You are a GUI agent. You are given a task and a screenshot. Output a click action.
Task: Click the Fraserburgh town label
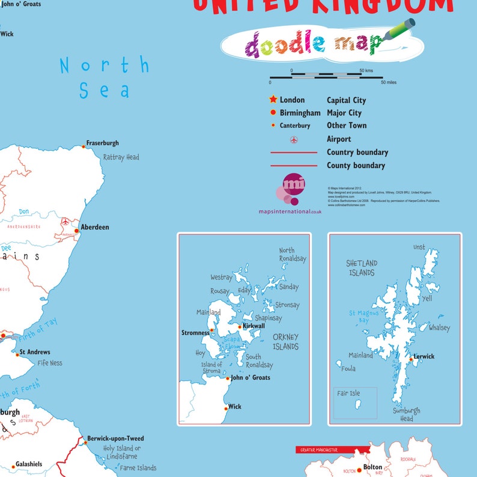(103, 143)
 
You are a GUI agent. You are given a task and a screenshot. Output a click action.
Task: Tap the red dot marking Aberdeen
(76, 230)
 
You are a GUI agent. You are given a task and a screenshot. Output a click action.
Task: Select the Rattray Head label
(121, 157)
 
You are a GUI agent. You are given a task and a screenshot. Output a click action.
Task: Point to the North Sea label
(105, 77)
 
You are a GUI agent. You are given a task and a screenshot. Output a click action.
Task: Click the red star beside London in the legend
(273, 100)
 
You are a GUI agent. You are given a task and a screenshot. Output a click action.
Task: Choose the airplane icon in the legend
(294, 139)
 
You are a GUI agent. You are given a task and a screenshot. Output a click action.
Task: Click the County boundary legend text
(356, 165)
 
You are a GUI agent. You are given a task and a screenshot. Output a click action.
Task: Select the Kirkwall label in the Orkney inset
(254, 326)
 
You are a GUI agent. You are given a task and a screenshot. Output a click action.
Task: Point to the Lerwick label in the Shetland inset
(424, 357)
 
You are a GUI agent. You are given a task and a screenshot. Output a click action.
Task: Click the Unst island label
(419, 247)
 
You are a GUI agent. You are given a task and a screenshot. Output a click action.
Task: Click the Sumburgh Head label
(407, 415)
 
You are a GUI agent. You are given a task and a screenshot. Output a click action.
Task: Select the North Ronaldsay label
(293, 255)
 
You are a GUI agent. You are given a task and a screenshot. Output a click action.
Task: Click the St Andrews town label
(35, 352)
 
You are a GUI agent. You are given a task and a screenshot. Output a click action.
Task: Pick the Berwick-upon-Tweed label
(115, 439)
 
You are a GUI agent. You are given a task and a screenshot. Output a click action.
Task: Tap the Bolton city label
(372, 467)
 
